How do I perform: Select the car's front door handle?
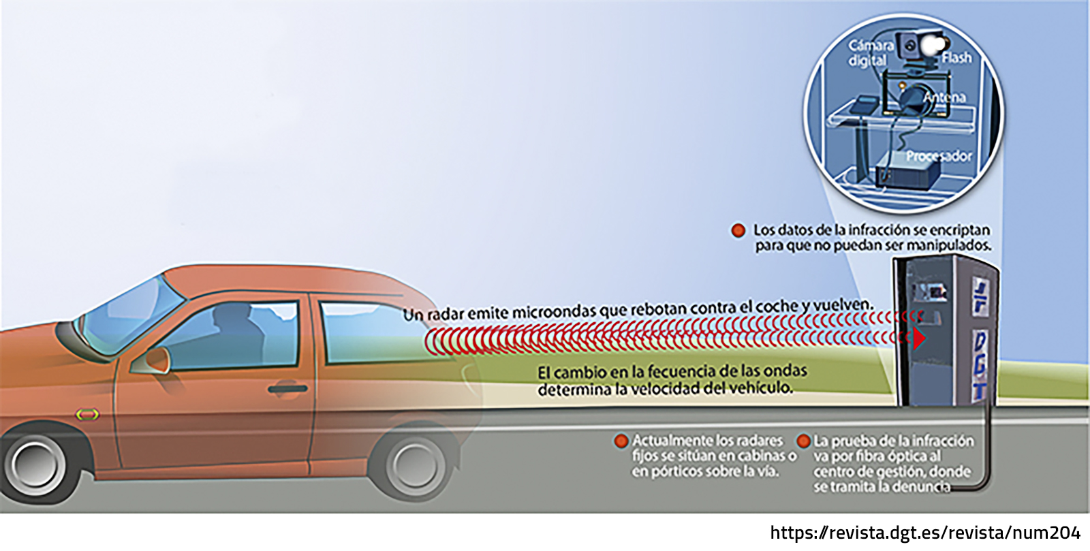click(x=287, y=389)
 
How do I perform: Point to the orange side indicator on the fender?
click(x=87, y=415)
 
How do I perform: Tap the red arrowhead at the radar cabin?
click(x=919, y=339)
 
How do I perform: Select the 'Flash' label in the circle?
click(x=956, y=58)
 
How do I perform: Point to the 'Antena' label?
click(x=944, y=98)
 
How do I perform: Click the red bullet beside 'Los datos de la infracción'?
click(x=738, y=230)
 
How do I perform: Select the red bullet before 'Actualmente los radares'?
click(x=621, y=441)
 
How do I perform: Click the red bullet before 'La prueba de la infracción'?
click(x=803, y=441)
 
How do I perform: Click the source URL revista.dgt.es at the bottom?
click(x=925, y=533)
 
